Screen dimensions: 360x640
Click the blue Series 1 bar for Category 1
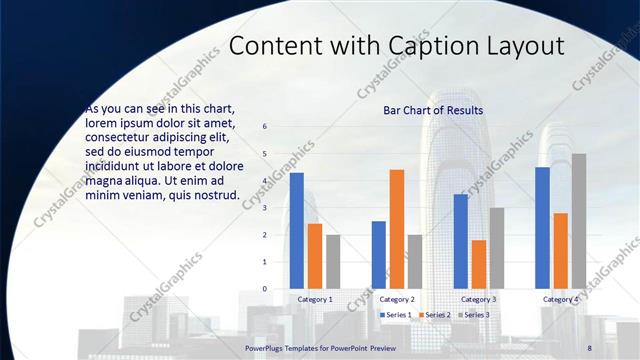point(297,230)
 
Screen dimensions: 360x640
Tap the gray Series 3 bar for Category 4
point(579,221)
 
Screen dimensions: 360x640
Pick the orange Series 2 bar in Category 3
point(479,264)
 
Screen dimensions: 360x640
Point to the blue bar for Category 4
point(543,227)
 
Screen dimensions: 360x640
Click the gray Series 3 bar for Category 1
point(333,261)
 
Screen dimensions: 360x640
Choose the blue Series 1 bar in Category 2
point(379,254)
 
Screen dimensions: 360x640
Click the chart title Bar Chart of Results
point(433,110)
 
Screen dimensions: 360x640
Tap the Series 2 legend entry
point(436,315)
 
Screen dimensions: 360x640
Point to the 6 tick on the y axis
point(265,127)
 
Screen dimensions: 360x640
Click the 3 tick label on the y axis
point(265,208)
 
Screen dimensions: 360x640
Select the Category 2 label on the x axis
point(397,299)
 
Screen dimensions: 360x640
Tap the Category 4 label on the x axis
point(561,299)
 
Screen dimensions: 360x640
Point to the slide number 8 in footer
point(590,347)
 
